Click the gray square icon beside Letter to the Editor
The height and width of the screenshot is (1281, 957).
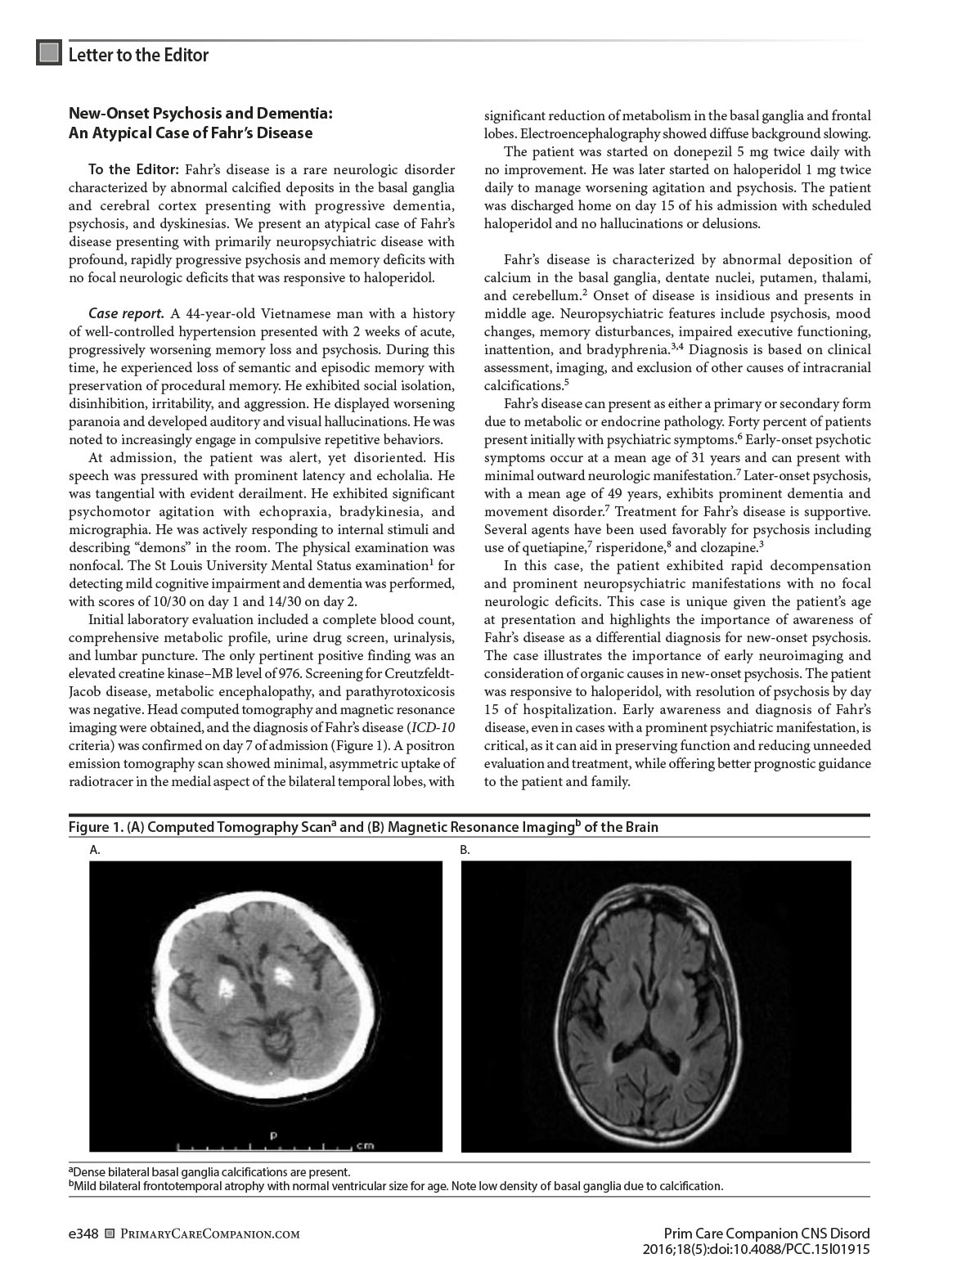49,54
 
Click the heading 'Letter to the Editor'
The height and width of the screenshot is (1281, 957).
138,55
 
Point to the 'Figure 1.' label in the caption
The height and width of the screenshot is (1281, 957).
96,827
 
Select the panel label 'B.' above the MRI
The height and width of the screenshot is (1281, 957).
465,850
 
